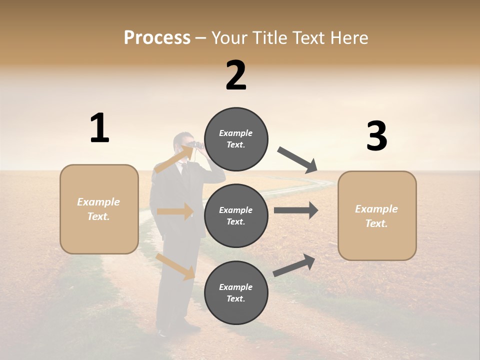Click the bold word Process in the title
click(x=157, y=38)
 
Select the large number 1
click(x=99, y=128)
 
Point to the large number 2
click(x=236, y=75)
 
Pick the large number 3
click(x=376, y=136)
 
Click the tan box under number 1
click(x=99, y=209)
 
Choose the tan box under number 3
click(x=377, y=215)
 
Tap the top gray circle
click(x=236, y=139)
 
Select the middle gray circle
click(x=236, y=215)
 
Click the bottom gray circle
click(x=236, y=292)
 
